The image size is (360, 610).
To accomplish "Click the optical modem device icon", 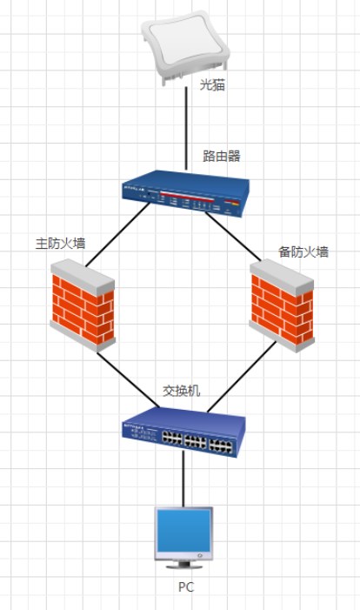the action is click(x=185, y=48).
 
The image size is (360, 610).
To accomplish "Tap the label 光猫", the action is click(x=212, y=84).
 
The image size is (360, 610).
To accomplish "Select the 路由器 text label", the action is click(x=222, y=156).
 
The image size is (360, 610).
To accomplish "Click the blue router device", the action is click(x=186, y=193).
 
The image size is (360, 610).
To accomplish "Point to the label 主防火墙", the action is click(x=60, y=243).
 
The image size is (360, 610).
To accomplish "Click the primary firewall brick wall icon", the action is click(x=83, y=305).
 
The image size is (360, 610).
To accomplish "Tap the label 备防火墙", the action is click(x=303, y=251).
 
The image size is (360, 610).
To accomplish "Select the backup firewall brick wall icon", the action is click(x=282, y=306).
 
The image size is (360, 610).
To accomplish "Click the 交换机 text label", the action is click(x=181, y=391).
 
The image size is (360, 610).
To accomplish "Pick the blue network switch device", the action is click(x=184, y=432).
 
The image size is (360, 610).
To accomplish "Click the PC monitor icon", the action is click(x=183, y=538).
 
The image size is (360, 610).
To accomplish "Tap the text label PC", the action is click(x=186, y=587).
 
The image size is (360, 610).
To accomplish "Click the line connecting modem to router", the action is click(x=186, y=129).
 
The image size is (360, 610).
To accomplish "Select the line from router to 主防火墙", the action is click(x=117, y=234).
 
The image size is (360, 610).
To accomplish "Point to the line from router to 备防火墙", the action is click(x=233, y=237).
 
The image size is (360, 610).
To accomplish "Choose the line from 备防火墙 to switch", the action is click(x=242, y=377).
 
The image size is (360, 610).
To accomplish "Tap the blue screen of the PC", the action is click(x=183, y=532).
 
